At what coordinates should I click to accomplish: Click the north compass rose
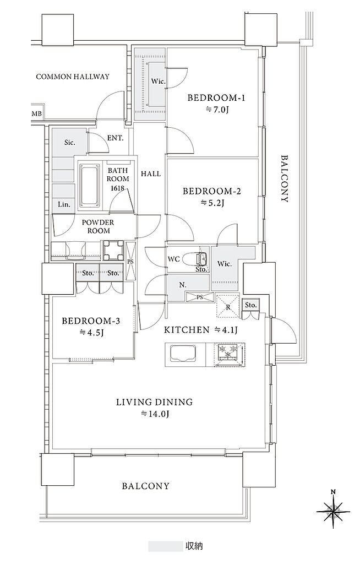click(333, 511)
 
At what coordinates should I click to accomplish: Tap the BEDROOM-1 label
click(216, 97)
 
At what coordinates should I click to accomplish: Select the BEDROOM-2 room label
click(212, 191)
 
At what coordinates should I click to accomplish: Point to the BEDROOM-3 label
click(91, 321)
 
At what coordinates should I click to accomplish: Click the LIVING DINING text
click(154, 402)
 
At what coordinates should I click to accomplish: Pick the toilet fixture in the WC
click(194, 258)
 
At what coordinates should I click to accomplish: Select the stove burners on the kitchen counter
click(230, 355)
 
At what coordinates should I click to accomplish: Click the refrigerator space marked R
click(228, 306)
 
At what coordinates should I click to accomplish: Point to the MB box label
click(37, 114)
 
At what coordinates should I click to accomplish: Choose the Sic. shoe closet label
click(70, 143)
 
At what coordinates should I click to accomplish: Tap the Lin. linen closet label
click(64, 204)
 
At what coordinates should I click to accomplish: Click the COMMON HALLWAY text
click(73, 77)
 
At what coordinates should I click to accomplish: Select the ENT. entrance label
click(116, 138)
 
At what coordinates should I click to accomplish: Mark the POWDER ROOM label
click(98, 226)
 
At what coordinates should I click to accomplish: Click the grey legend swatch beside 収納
click(166, 546)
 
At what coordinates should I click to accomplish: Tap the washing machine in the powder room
click(113, 250)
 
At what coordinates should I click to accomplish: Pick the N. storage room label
click(183, 285)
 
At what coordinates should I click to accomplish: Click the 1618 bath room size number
click(118, 188)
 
